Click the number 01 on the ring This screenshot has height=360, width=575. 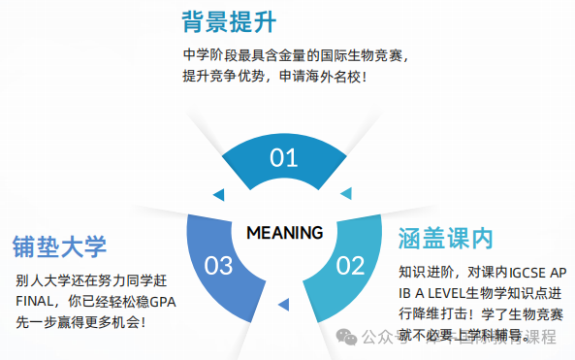pos(284,158)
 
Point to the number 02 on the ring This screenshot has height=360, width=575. pos(349,264)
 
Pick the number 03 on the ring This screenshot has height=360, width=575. pos(219,264)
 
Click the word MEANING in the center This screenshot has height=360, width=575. pos(284,233)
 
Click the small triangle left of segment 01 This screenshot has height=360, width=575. pos(218,193)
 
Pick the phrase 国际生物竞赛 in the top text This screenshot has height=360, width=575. pos(347,54)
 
